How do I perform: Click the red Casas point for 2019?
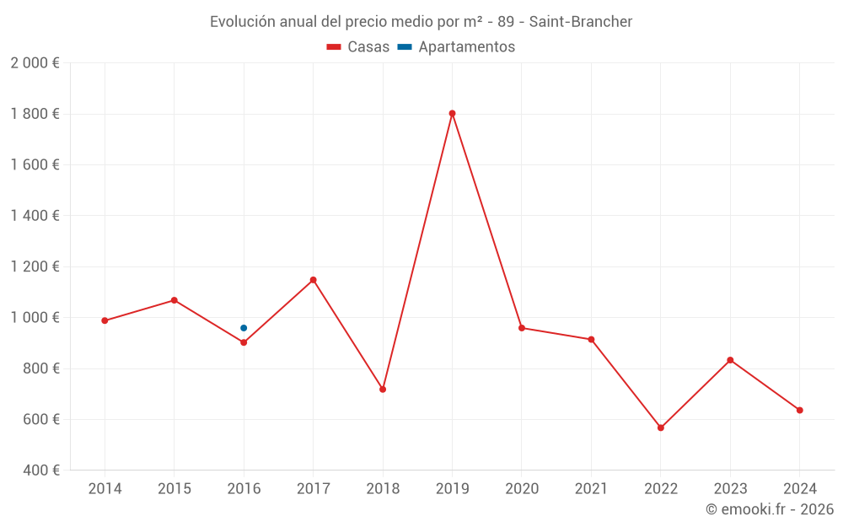pos(452,113)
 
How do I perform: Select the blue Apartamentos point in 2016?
pos(244,328)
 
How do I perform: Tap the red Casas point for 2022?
pos(661,428)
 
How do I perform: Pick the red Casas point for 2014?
pos(105,320)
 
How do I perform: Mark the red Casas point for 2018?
pos(383,389)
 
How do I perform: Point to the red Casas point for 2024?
pos(800,410)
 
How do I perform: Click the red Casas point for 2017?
pos(313,279)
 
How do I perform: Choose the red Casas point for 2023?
pos(730,360)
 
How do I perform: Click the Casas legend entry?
pos(358,47)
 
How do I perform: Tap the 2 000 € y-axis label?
pos(35,63)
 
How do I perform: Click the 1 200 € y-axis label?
pos(35,266)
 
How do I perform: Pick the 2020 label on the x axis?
pos(522,489)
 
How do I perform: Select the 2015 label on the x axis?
pos(175,489)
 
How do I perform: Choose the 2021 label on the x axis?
pos(591,489)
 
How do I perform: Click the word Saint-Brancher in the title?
pos(581,22)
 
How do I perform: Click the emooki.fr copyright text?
pos(770,509)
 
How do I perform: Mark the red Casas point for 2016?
pos(244,342)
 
